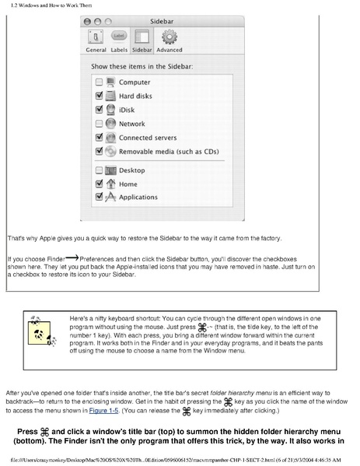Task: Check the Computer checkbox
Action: pos(99,82)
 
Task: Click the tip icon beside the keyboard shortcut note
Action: pos(37,330)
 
